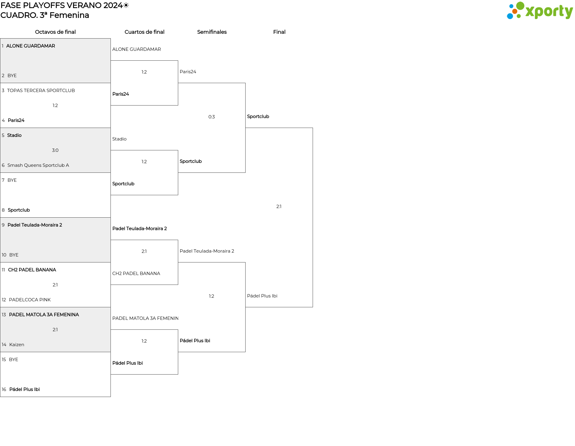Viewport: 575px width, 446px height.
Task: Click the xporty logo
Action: pos(540,11)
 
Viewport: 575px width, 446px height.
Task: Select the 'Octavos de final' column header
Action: pos(55,32)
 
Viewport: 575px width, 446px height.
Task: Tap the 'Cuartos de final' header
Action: pos(144,32)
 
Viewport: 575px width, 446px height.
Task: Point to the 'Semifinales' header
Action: pos(212,32)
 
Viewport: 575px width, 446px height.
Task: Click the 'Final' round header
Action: pos(279,32)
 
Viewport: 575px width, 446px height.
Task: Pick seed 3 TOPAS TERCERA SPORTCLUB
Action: pos(38,91)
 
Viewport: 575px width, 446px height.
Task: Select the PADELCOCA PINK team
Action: pos(26,300)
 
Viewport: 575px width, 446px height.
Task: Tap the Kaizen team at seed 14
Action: pos(13,345)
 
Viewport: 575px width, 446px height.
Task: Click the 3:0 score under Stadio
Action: pos(55,150)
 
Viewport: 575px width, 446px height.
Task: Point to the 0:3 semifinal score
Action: pos(212,117)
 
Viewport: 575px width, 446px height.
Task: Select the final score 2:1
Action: pos(279,207)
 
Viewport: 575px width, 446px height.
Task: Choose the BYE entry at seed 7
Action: pos(9,180)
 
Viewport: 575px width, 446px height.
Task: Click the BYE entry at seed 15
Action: pos(10,360)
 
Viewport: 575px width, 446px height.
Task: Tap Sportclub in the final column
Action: pos(258,117)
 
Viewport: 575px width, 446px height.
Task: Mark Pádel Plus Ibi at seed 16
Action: pos(21,390)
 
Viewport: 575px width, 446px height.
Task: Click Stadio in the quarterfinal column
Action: pos(119,139)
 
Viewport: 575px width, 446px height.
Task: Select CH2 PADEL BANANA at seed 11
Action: pos(29,270)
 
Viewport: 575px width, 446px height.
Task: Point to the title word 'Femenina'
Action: pos(69,15)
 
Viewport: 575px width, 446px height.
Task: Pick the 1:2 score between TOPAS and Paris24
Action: pos(55,106)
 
